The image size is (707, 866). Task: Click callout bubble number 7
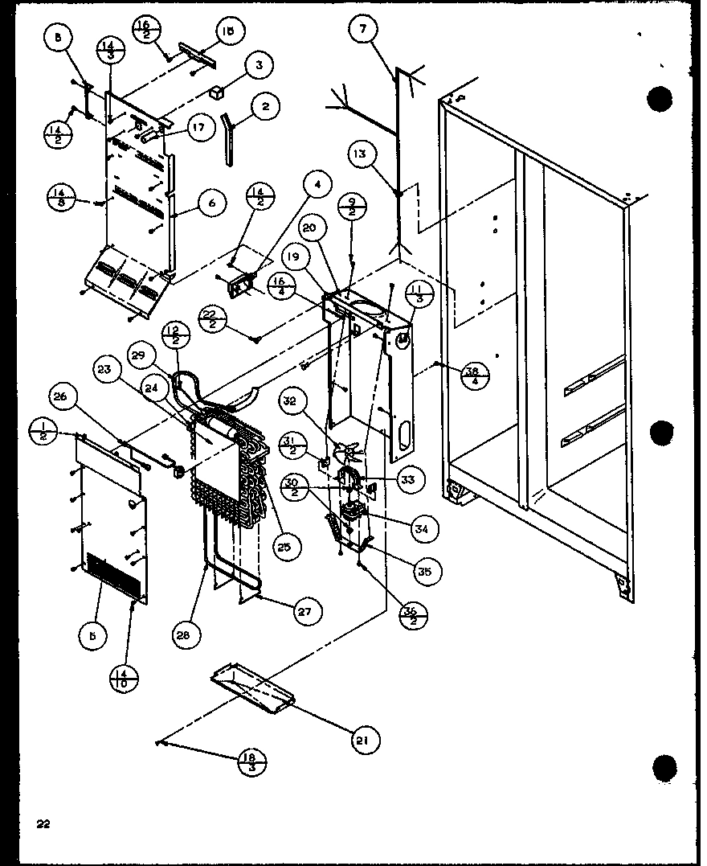pos(363,30)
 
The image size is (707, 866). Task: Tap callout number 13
pos(362,154)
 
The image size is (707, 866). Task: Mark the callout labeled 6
pos(211,203)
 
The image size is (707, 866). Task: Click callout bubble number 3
pos(258,66)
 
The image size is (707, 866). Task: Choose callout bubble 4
pos(317,186)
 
